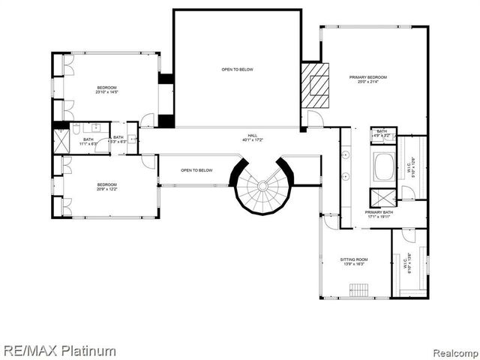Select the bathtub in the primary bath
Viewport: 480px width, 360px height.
tap(383, 166)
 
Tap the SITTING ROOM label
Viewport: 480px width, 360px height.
tap(355, 262)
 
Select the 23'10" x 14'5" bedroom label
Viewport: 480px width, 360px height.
tap(106, 91)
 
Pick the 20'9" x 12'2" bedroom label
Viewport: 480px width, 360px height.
tap(106, 187)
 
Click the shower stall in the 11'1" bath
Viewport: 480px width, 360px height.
tap(61, 141)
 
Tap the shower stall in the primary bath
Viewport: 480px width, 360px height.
tap(383, 198)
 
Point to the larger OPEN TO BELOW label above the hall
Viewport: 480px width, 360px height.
tap(237, 70)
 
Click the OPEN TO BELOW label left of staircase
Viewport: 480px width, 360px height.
tap(196, 170)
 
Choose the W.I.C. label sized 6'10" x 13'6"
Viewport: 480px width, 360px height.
tap(407, 265)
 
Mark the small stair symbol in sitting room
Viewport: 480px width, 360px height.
tap(359, 289)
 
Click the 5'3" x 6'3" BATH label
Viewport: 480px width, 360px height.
tap(118, 139)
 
